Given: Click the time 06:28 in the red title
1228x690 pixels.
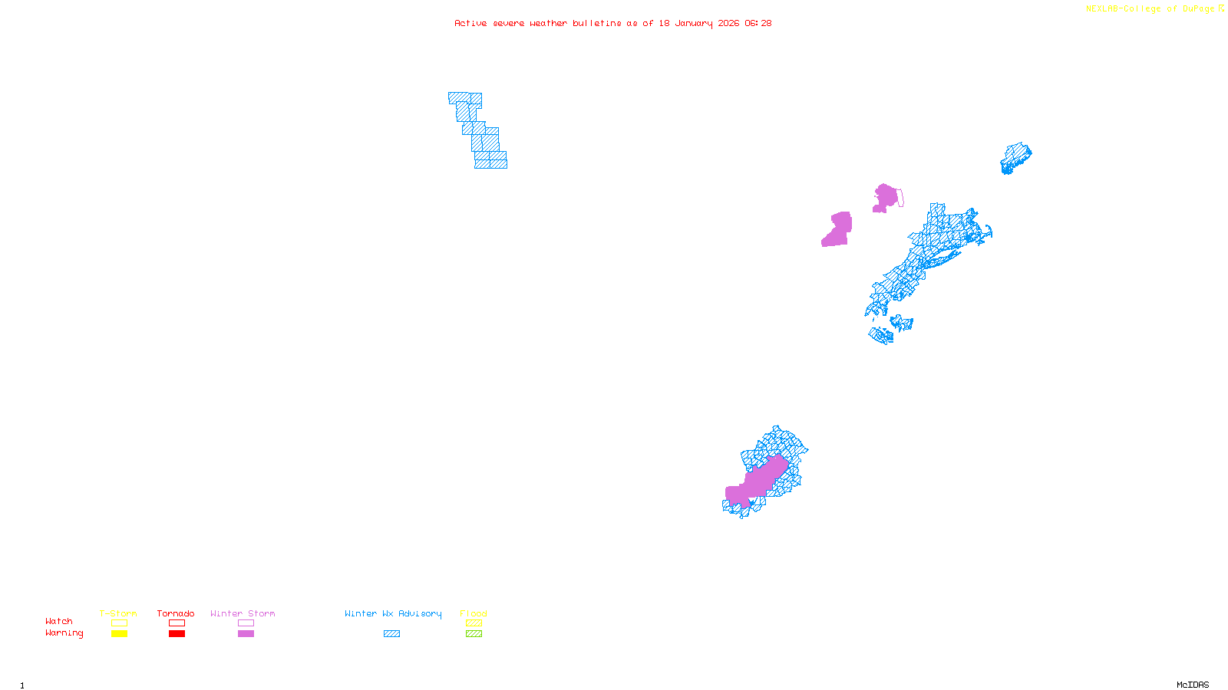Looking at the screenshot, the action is pos(758,23).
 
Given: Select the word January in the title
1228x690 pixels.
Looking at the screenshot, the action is pos(694,23).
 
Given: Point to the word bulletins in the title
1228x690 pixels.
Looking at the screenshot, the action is pos(596,23).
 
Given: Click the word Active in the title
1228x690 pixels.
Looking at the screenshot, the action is pos(470,23).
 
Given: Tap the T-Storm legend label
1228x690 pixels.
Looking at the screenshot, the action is pos(118,613).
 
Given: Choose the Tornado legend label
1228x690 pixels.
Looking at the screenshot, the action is pos(176,613).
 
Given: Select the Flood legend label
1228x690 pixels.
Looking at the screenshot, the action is pos(474,613).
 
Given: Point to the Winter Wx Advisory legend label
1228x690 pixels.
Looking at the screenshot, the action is pos(393,613).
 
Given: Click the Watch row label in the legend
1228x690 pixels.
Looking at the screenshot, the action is pos(59,621).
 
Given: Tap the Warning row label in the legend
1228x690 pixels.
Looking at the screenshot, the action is pos(64,633).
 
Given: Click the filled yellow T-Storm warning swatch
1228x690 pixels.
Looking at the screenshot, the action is pos(119,634).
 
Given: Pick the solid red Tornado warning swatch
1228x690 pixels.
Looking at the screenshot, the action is pos(177,634).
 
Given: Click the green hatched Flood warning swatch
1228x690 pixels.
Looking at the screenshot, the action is pos(474,634).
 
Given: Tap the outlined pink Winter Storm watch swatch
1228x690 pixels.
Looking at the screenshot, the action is pos(246,623).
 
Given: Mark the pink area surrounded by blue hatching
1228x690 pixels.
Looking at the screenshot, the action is pos(756,481).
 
